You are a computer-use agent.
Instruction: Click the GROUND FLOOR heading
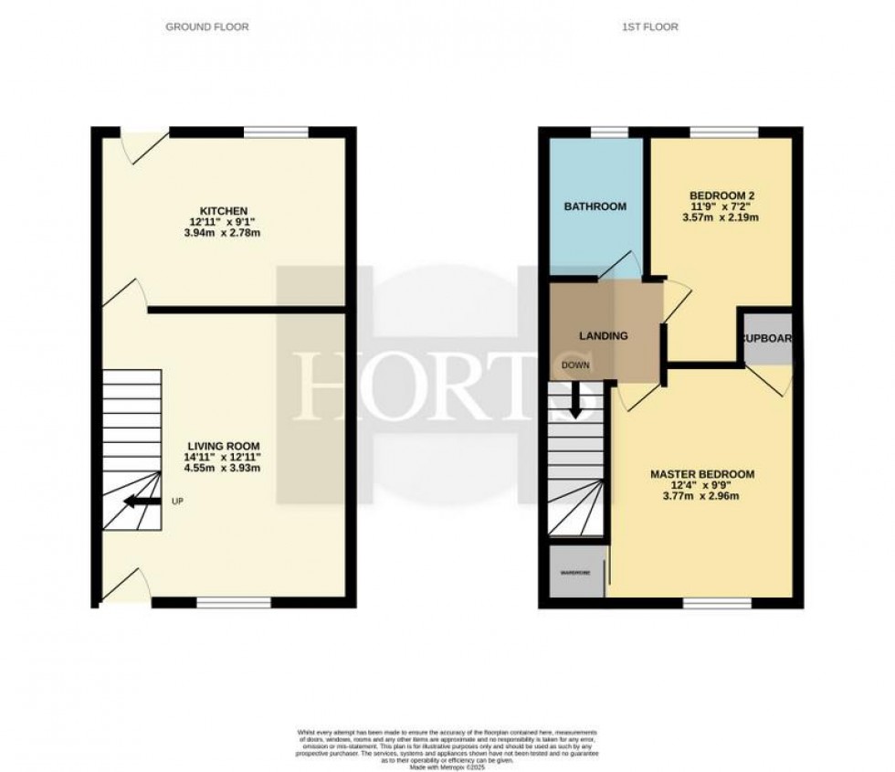(206, 27)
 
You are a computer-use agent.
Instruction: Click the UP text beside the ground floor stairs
(177, 501)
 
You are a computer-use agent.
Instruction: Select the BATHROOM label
(595, 206)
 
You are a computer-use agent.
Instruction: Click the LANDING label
(604, 335)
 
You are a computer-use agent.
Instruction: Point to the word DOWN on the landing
(575, 365)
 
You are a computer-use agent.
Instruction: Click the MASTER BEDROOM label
(701, 474)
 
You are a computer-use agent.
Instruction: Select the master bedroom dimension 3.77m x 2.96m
(701, 498)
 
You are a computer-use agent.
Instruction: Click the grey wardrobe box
(575, 573)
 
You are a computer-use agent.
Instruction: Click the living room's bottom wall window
(234, 602)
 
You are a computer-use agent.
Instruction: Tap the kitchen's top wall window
(276, 133)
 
